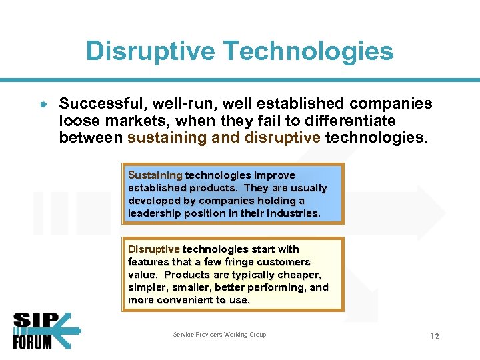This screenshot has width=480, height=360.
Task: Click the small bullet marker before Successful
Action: tap(43, 105)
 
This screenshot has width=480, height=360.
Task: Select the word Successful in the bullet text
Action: tap(102, 104)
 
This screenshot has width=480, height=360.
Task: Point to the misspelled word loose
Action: tap(79, 121)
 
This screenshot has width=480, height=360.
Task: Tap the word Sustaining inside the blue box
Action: tap(155, 175)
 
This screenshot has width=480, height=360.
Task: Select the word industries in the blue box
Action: tap(294, 213)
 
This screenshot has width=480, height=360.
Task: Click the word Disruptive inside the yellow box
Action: tap(153, 249)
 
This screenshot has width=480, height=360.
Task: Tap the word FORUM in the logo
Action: tap(33, 342)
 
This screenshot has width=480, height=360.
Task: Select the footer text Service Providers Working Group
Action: tap(219, 335)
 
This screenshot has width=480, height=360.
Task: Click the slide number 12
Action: tap(434, 336)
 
